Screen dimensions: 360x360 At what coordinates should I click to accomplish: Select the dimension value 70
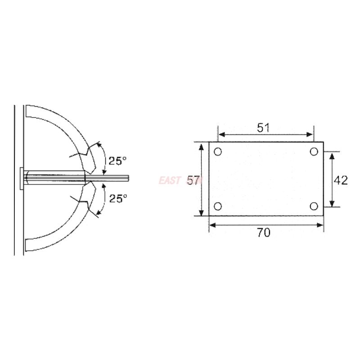point(264,233)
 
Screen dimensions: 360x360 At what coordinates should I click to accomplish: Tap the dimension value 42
point(341,180)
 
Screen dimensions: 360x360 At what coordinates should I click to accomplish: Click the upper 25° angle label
point(118,160)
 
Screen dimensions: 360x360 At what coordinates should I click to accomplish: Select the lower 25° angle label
point(118,198)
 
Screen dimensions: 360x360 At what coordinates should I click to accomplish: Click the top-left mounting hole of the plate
point(218,152)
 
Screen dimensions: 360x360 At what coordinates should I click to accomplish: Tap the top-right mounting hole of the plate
point(314,152)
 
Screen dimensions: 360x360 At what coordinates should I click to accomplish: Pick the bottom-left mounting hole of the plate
point(218,206)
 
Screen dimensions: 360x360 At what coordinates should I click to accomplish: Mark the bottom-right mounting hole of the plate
point(314,206)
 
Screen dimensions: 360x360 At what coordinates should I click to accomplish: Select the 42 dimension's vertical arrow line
point(332,180)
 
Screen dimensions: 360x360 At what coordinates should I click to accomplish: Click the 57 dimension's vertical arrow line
point(202,180)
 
